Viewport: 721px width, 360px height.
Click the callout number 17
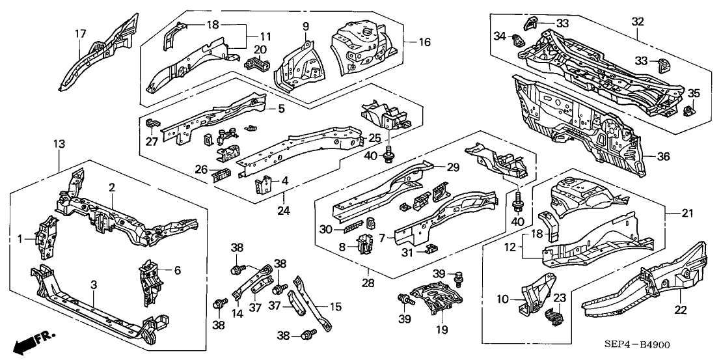tap(79, 34)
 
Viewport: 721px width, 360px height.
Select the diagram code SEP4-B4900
tap(670, 345)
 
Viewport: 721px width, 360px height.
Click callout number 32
tap(637, 21)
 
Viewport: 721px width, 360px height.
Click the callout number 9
tap(305, 26)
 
